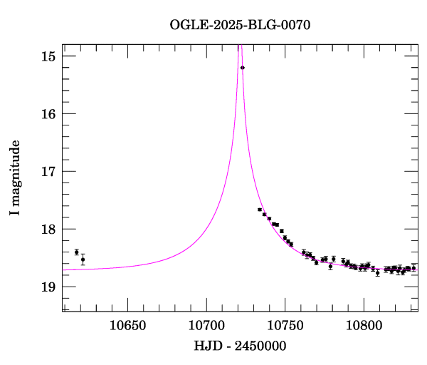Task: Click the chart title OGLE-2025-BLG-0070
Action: (240, 25)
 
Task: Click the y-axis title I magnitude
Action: (15, 178)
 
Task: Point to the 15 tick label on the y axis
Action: (49, 56)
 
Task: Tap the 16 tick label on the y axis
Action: (49, 114)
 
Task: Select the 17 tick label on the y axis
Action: (49, 172)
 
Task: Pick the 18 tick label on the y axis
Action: (49, 230)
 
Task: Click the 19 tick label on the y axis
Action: (49, 287)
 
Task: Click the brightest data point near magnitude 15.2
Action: (243, 68)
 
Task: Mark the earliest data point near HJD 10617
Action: (77, 252)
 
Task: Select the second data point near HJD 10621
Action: (83, 259)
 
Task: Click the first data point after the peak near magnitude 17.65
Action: (260, 210)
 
